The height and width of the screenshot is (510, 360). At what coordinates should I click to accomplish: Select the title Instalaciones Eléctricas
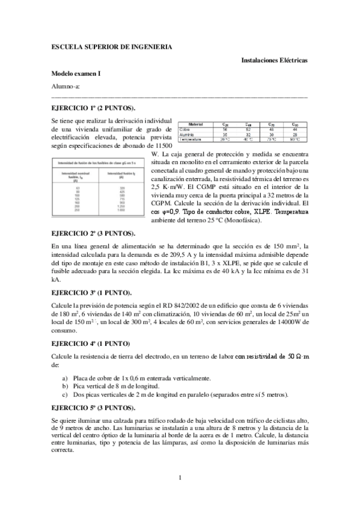[274, 61]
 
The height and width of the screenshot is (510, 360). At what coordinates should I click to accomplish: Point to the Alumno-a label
[66, 86]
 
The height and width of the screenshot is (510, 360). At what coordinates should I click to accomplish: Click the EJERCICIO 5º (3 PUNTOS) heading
[98, 407]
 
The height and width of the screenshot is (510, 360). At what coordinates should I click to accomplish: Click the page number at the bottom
[180, 478]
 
